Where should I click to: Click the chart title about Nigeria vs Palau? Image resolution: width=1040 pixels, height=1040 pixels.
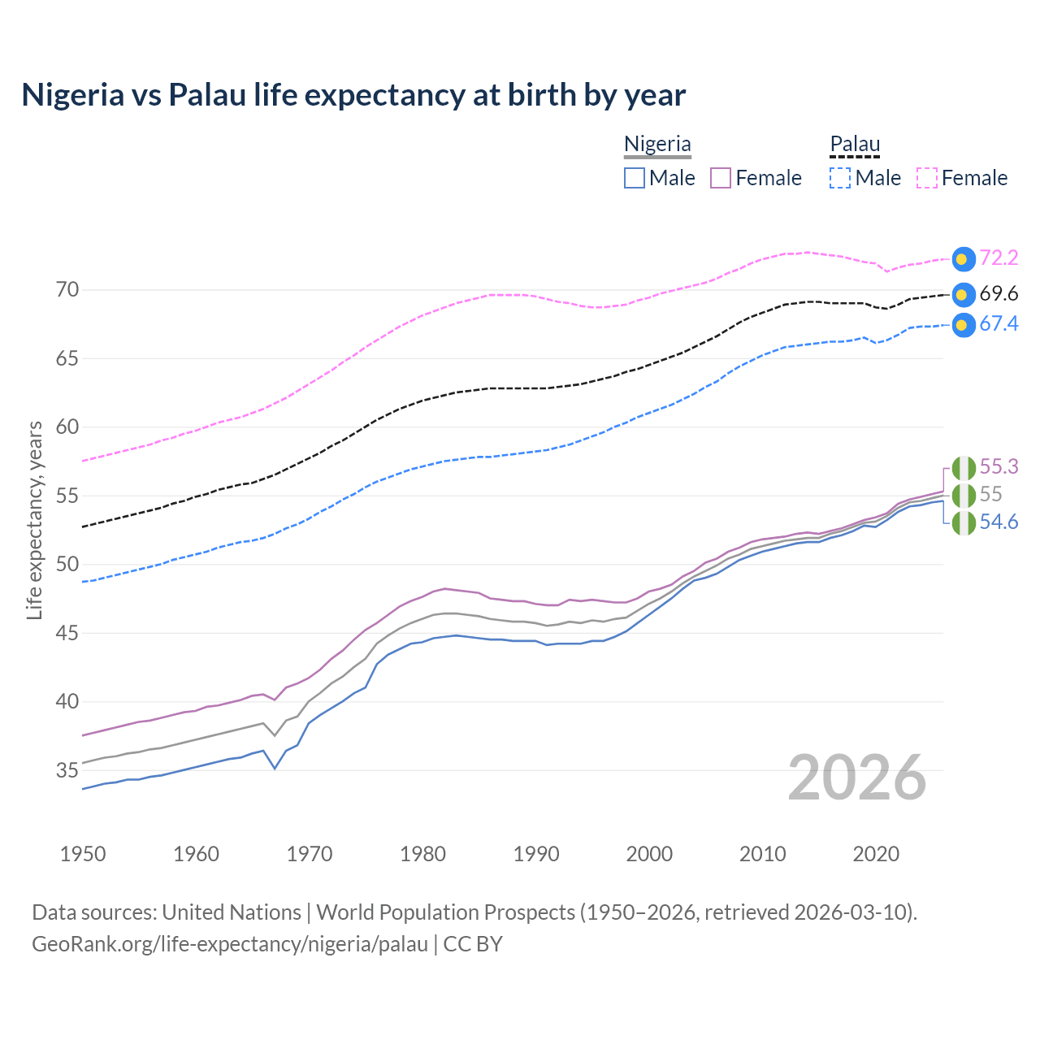[x=353, y=95]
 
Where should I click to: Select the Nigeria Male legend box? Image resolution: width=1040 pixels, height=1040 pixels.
[x=635, y=178]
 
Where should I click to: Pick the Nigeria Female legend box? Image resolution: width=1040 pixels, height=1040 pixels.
[x=721, y=178]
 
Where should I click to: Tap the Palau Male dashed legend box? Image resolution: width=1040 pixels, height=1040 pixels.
[x=840, y=178]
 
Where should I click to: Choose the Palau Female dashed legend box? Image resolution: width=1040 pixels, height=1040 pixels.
[x=927, y=178]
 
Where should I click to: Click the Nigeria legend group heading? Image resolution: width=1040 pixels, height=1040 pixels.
[x=657, y=145]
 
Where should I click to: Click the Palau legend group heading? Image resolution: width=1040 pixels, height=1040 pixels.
[x=855, y=145]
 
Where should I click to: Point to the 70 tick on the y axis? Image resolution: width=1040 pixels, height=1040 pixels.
[x=67, y=290]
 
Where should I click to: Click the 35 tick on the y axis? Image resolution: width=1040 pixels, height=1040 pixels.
[x=67, y=770]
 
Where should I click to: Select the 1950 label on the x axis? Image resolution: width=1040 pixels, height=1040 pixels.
[x=83, y=854]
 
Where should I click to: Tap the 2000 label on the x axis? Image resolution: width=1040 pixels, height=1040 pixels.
[x=649, y=854]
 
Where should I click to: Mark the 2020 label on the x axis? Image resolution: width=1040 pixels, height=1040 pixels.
[x=876, y=854]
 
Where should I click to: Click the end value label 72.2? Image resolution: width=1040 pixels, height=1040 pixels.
[x=999, y=258]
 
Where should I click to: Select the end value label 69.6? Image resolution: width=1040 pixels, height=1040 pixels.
[x=999, y=294]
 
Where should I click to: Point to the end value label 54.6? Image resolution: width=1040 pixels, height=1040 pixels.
[x=999, y=522]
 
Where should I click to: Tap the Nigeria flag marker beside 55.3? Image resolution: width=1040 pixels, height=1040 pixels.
[x=963, y=468]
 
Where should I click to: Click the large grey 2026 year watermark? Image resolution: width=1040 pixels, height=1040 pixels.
[x=856, y=778]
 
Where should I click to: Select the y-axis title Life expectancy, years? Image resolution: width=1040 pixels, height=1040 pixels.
[x=34, y=520]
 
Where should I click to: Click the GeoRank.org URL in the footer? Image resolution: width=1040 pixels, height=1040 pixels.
[x=230, y=944]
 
